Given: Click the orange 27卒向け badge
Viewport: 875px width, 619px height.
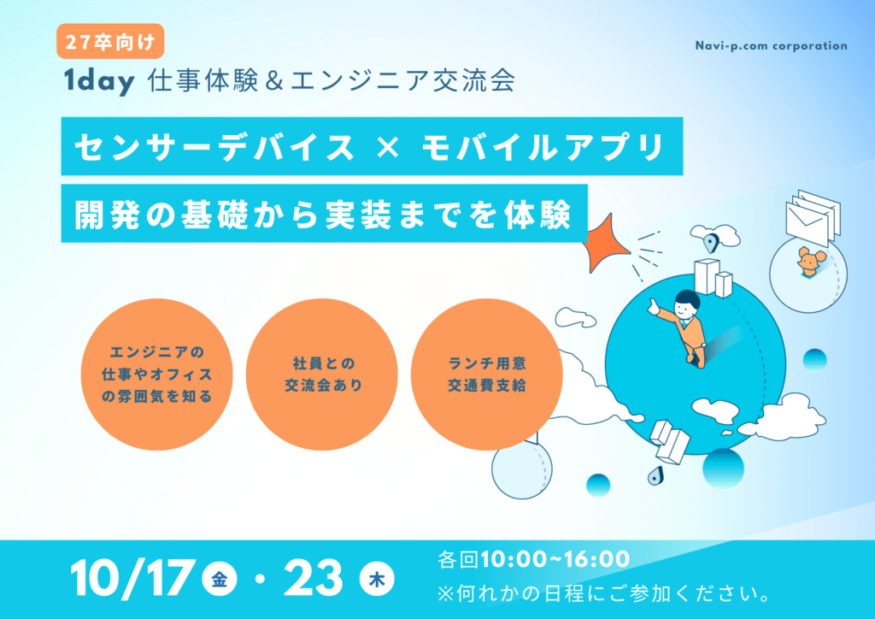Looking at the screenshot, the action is [x=110, y=41].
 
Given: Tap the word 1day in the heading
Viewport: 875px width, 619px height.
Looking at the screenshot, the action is [x=99, y=81].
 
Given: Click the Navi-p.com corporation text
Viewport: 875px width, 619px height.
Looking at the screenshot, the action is [x=772, y=46].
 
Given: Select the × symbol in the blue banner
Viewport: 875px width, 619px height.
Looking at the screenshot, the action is [x=388, y=147].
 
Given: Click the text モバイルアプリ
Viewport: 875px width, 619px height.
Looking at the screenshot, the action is [x=543, y=147].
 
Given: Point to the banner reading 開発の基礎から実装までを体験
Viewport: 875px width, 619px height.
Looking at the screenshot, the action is [x=324, y=214].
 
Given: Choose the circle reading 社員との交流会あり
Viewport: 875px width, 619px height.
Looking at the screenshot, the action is [x=322, y=374].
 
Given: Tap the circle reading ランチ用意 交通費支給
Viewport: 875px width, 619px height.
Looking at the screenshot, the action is [x=486, y=374].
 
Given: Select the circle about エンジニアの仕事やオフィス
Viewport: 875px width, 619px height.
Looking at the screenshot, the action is [x=157, y=374].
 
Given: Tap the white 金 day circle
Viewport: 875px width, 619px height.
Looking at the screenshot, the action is [x=220, y=580].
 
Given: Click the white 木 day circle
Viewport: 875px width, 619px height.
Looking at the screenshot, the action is [x=377, y=580].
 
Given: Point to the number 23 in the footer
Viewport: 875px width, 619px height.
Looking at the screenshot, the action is [x=313, y=578].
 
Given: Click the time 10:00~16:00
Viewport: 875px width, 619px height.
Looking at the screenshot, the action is [x=555, y=559].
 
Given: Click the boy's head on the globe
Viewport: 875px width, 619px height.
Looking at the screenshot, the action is [x=686, y=304].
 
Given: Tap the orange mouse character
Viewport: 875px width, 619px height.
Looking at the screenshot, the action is [x=809, y=262].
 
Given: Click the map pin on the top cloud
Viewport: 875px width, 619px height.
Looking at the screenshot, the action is [x=710, y=243].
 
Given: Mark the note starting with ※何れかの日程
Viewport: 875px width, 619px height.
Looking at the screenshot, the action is [x=604, y=592].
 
